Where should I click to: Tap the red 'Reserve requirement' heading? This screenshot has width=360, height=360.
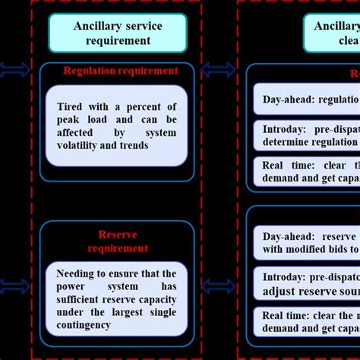click(117, 242)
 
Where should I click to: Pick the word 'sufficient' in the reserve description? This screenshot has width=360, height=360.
click(83, 299)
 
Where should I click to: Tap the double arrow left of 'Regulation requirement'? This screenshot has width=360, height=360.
click(15, 71)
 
